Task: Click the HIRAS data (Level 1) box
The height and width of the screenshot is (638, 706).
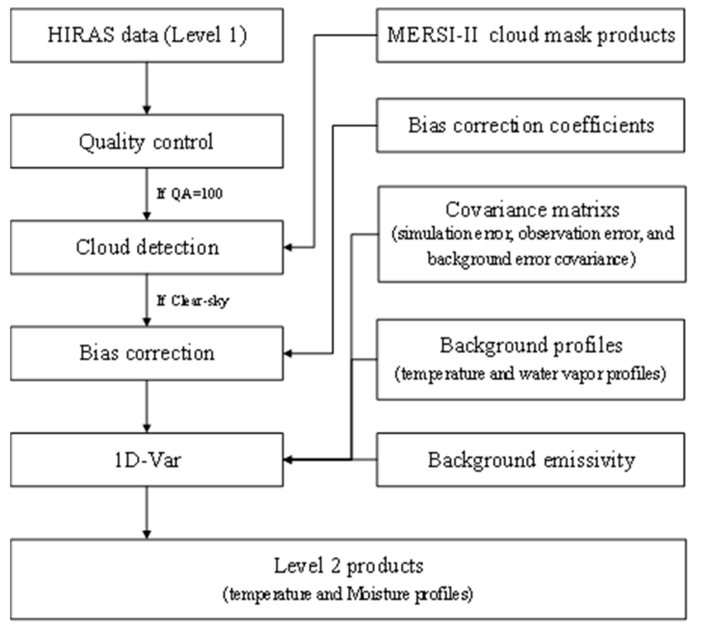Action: (146, 37)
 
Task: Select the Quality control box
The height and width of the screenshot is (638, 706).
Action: (146, 141)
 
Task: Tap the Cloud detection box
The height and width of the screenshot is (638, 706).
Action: (146, 247)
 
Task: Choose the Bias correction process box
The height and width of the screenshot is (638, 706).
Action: (146, 352)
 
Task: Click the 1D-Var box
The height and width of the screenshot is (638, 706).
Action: (146, 458)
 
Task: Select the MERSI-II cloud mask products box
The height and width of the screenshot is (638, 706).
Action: (531, 37)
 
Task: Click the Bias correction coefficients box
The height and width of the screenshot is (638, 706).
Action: (531, 126)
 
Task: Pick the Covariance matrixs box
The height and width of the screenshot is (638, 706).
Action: (531, 233)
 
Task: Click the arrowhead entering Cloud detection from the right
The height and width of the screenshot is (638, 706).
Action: (290, 247)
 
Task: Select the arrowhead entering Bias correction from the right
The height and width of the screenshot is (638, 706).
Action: (290, 352)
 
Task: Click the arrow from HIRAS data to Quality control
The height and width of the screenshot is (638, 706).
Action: (146, 89)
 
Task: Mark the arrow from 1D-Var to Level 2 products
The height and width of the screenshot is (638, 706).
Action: (146, 511)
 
